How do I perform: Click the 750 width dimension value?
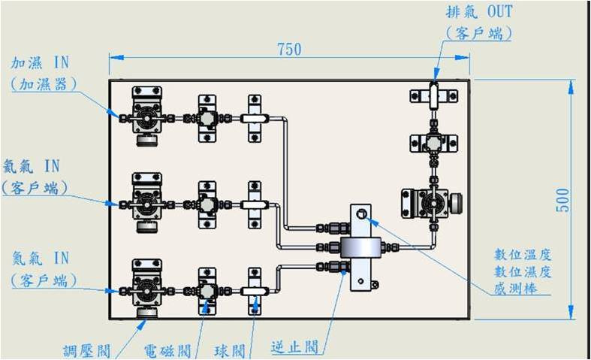coord(289,49)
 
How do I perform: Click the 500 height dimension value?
coord(562,199)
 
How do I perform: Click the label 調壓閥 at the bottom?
coord(88,350)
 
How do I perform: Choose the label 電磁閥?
coord(166,350)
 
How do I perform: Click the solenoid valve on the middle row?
coord(207,204)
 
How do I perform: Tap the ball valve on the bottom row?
coord(254,290)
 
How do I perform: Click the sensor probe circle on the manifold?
coord(362,214)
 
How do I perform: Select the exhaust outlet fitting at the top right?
coord(433,95)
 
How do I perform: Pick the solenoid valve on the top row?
coord(207,117)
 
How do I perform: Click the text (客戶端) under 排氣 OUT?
coord(478,34)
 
